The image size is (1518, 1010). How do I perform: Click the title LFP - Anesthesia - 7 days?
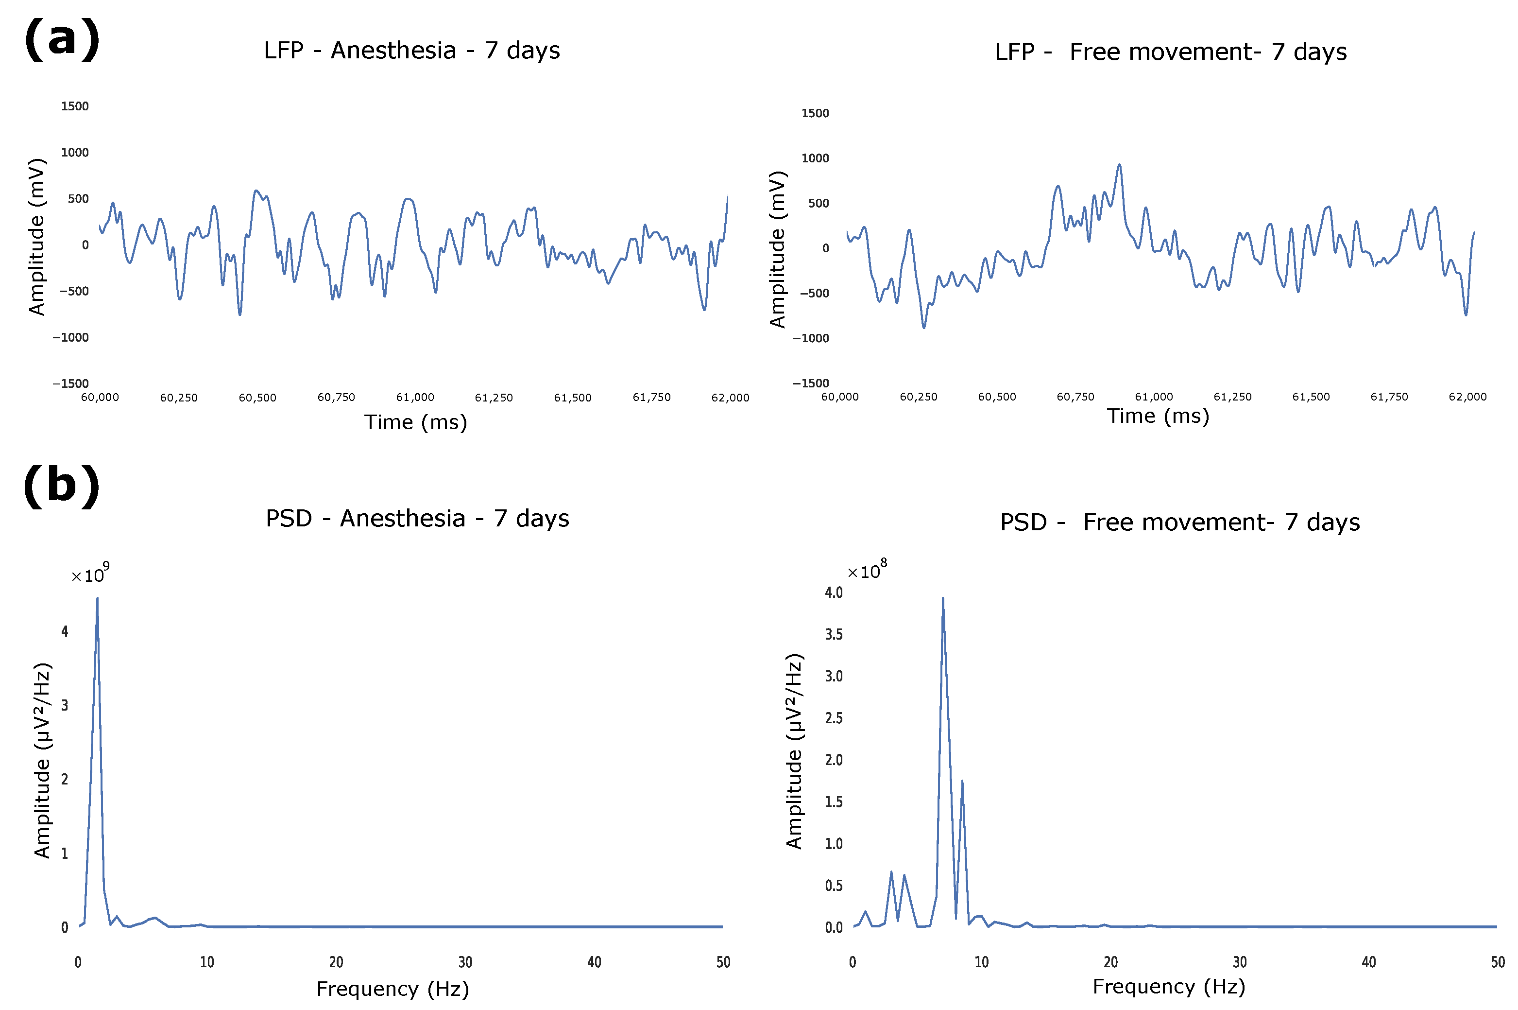click(411, 50)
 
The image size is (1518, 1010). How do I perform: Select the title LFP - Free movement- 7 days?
click(1170, 52)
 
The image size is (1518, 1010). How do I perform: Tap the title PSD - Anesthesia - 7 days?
click(417, 519)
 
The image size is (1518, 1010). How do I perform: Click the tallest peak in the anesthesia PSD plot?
click(97, 599)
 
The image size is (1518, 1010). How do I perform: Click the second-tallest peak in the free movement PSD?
click(962, 782)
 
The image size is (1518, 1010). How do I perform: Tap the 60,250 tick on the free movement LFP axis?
click(918, 397)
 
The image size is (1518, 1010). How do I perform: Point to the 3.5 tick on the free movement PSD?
click(834, 634)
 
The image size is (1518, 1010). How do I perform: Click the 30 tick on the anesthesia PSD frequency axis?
click(465, 962)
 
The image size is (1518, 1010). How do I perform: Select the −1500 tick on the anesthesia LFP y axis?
click(71, 384)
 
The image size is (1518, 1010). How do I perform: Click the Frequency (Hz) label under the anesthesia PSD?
click(392, 989)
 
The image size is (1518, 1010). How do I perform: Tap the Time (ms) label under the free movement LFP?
click(1158, 416)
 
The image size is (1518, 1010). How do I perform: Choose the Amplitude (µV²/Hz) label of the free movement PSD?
click(794, 751)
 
